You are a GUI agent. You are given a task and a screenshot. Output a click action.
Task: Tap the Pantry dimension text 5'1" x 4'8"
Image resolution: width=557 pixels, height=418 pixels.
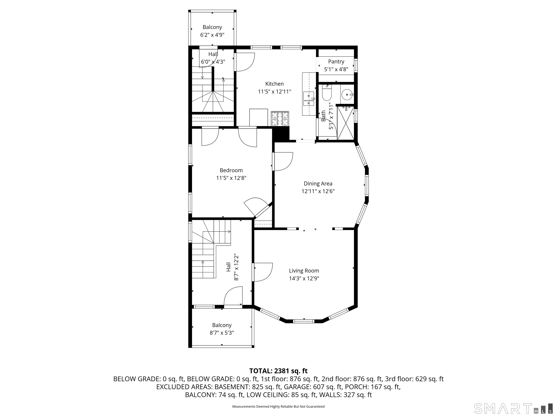336,69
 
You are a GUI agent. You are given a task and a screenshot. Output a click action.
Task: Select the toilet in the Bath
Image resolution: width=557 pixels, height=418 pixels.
327,93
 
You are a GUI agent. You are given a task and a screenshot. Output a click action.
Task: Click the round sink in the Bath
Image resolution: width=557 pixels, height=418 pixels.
347,95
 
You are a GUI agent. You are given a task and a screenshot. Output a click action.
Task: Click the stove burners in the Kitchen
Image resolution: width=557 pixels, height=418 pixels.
280,119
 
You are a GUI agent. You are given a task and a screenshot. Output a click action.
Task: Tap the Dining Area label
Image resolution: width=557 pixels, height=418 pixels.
318,184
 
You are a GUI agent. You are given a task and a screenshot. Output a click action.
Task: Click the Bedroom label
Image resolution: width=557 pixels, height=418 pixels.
231,170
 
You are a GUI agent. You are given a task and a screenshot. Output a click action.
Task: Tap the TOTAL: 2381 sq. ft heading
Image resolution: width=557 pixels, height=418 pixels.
278,371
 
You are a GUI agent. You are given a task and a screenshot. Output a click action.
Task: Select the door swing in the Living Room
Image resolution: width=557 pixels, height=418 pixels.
263,272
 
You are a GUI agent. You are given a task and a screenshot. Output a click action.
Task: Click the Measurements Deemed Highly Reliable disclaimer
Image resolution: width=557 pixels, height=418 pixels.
278,406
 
